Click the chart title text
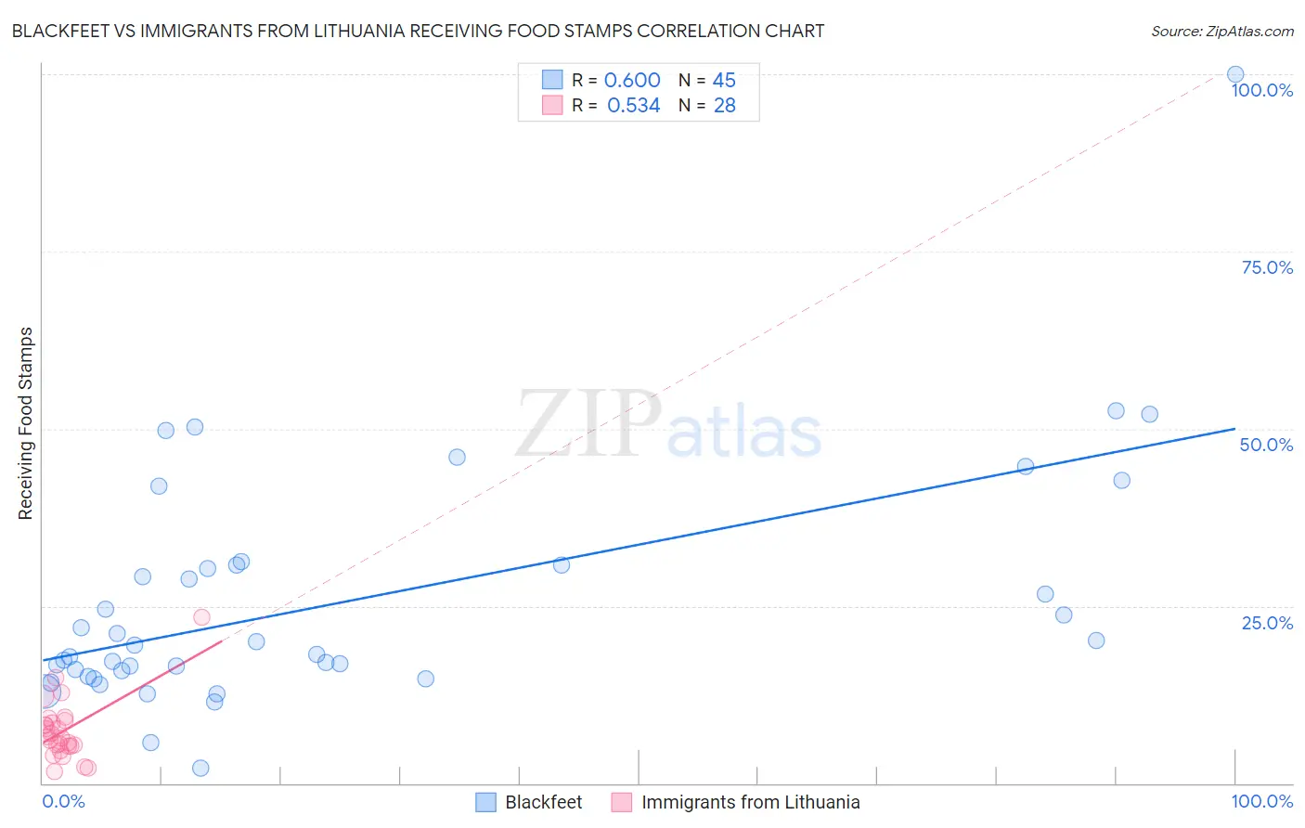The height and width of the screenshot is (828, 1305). tap(418, 31)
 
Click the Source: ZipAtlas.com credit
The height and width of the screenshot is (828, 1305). tap(1221, 31)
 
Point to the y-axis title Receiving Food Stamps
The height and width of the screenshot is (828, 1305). tap(25, 423)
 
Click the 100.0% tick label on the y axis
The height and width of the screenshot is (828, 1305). tap(1261, 90)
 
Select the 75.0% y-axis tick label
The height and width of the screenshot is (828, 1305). tap(1267, 267)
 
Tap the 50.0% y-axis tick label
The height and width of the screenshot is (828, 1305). tap(1266, 445)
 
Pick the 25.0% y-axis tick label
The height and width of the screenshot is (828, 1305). tap(1267, 623)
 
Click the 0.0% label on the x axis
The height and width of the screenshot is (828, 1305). tap(63, 801)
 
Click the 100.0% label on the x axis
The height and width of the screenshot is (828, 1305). tap(1261, 801)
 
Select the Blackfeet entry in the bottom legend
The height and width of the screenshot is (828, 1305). tap(543, 802)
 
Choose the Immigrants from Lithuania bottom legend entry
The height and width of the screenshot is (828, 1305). tap(750, 802)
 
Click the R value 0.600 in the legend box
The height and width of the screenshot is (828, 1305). tap(632, 81)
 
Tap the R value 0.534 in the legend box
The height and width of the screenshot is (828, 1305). tap(633, 106)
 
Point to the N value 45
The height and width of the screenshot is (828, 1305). tap(724, 81)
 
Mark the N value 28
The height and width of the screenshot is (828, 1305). tap(724, 106)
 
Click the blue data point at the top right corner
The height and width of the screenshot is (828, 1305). tap(1235, 74)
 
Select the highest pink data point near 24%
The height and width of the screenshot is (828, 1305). tap(201, 617)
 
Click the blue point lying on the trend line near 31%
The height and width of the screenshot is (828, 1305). tap(562, 564)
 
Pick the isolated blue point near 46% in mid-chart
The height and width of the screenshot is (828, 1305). tap(457, 457)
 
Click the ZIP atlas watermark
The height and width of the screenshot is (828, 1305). tap(668, 425)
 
